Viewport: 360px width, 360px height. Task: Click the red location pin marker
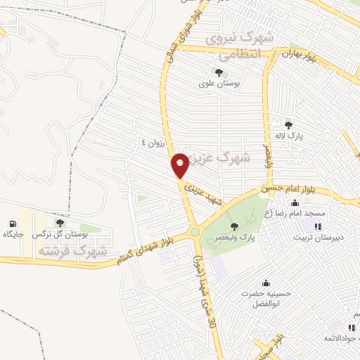(x=181, y=166)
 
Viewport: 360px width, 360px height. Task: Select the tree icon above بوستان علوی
(x=219, y=72)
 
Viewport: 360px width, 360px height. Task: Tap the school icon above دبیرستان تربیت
(x=316, y=226)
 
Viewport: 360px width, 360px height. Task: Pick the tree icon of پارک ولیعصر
(x=233, y=226)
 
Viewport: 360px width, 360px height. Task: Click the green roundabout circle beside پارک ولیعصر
(x=195, y=232)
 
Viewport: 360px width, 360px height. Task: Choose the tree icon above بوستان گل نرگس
(x=58, y=223)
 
